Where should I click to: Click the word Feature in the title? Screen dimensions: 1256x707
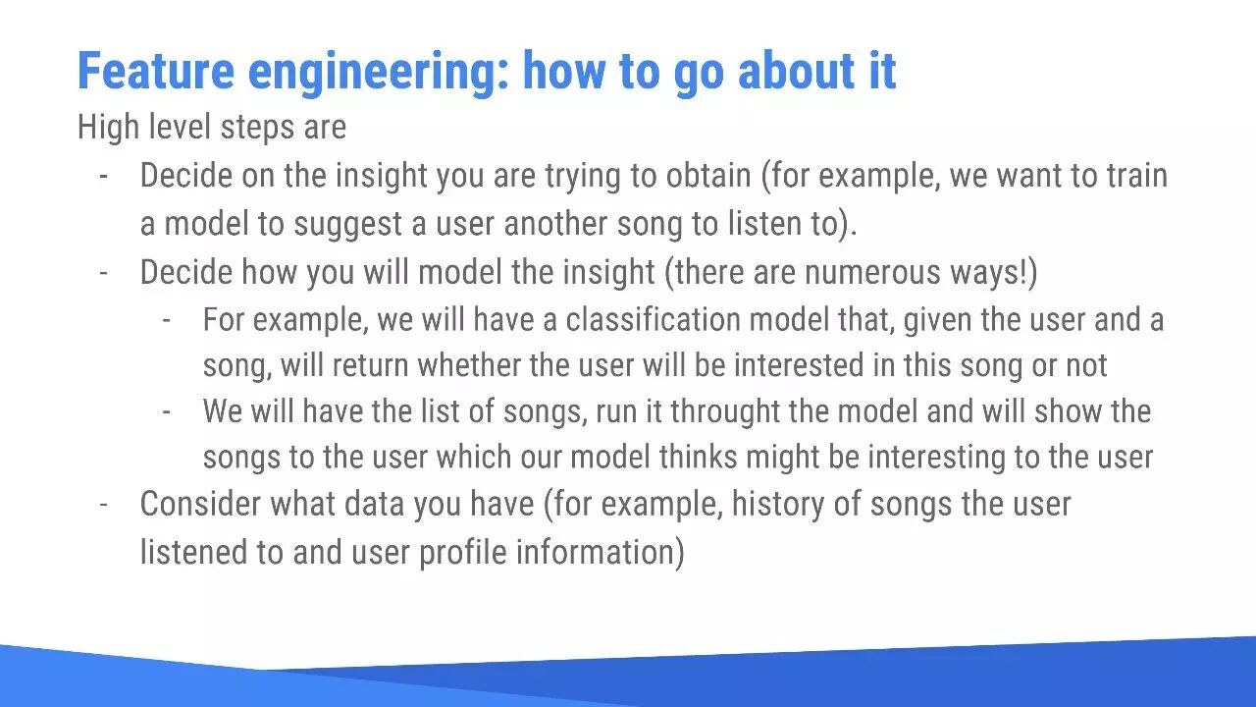click(x=156, y=71)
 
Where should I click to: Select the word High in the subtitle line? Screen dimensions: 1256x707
click(x=108, y=128)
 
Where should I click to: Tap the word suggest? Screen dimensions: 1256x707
click(x=347, y=225)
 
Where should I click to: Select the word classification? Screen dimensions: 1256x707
click(x=654, y=320)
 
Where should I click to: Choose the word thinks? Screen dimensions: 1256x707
click(x=698, y=457)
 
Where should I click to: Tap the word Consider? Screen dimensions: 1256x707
click(x=200, y=504)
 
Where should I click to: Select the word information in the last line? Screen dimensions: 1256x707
click(x=600, y=552)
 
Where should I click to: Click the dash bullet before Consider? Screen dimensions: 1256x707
click(x=104, y=505)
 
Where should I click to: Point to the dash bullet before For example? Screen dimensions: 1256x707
click(x=167, y=321)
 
